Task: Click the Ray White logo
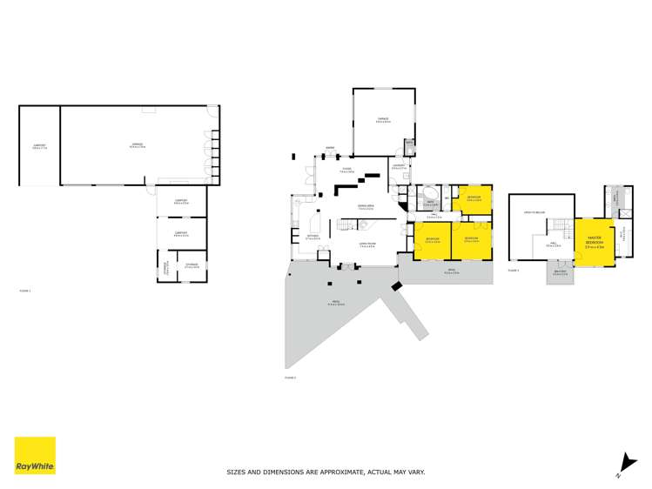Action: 35,455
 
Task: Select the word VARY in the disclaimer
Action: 414,472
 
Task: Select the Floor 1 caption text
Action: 24,291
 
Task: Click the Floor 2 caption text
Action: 290,378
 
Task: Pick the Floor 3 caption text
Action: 514,271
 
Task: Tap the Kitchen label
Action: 313,237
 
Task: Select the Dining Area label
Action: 366,207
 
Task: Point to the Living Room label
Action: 366,244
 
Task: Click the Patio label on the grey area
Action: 336,304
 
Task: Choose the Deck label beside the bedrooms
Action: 452,271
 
